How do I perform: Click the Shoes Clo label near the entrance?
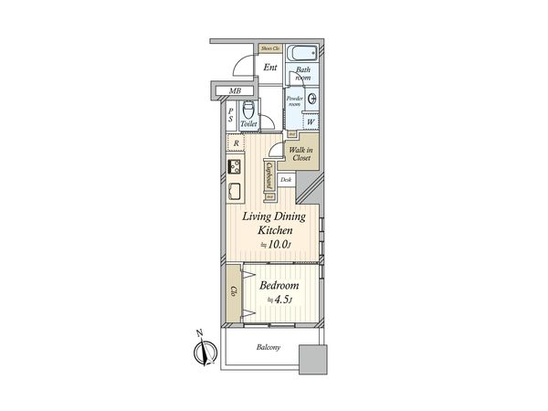[269, 48]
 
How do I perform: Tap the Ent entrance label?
[270, 68]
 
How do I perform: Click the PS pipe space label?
[232, 115]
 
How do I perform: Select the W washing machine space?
[311, 121]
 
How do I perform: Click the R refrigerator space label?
[237, 143]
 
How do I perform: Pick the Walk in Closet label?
[300, 153]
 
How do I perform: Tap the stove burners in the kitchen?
[234, 167]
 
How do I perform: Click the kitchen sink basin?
[234, 193]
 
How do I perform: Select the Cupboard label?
[270, 174]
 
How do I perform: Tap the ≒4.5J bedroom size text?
[278, 299]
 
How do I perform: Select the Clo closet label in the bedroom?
[234, 291]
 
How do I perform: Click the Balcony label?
[268, 347]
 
